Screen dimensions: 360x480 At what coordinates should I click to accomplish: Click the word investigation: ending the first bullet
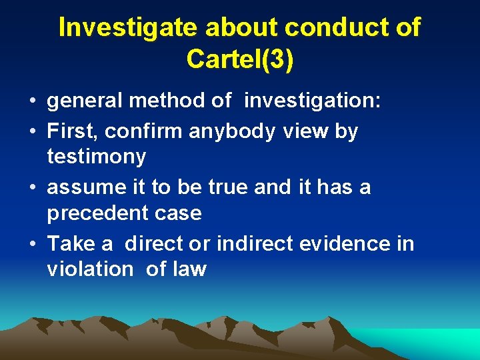pos(313,101)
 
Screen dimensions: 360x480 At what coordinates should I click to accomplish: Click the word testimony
pos(97,157)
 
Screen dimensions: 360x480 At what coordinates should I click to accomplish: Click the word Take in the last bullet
pos(69,243)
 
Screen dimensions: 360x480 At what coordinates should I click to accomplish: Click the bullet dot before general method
pos(32,102)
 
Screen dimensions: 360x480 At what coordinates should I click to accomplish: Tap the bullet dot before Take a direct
pos(32,244)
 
